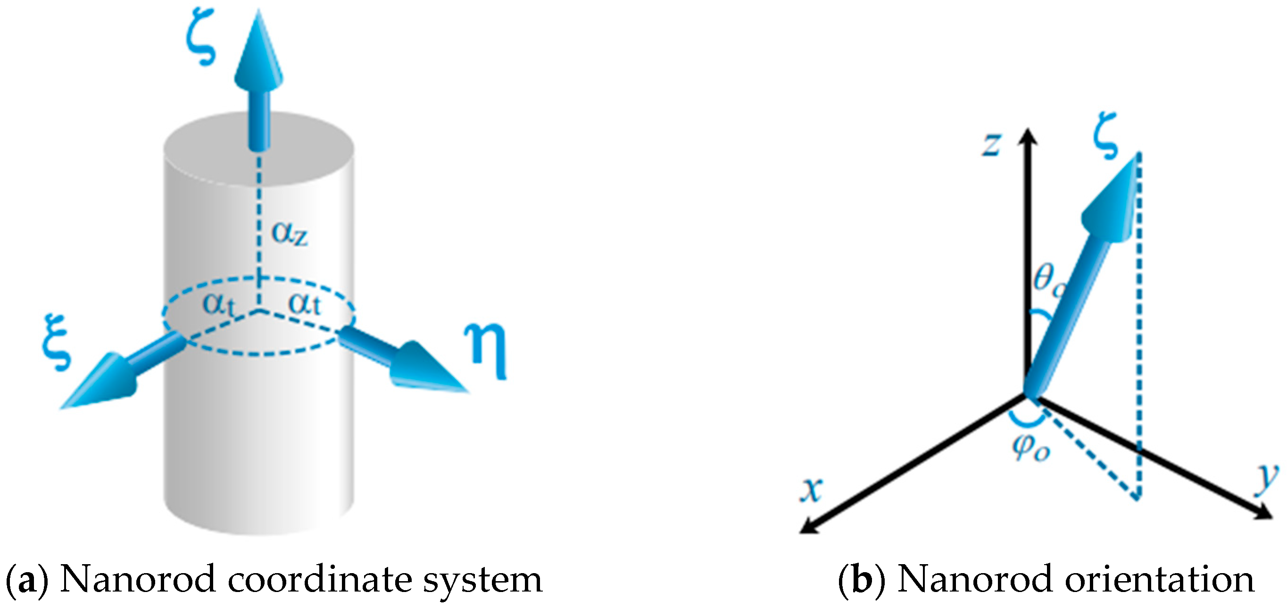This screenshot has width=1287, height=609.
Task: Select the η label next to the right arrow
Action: coord(486,350)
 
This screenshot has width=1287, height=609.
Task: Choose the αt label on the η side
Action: coord(304,304)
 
